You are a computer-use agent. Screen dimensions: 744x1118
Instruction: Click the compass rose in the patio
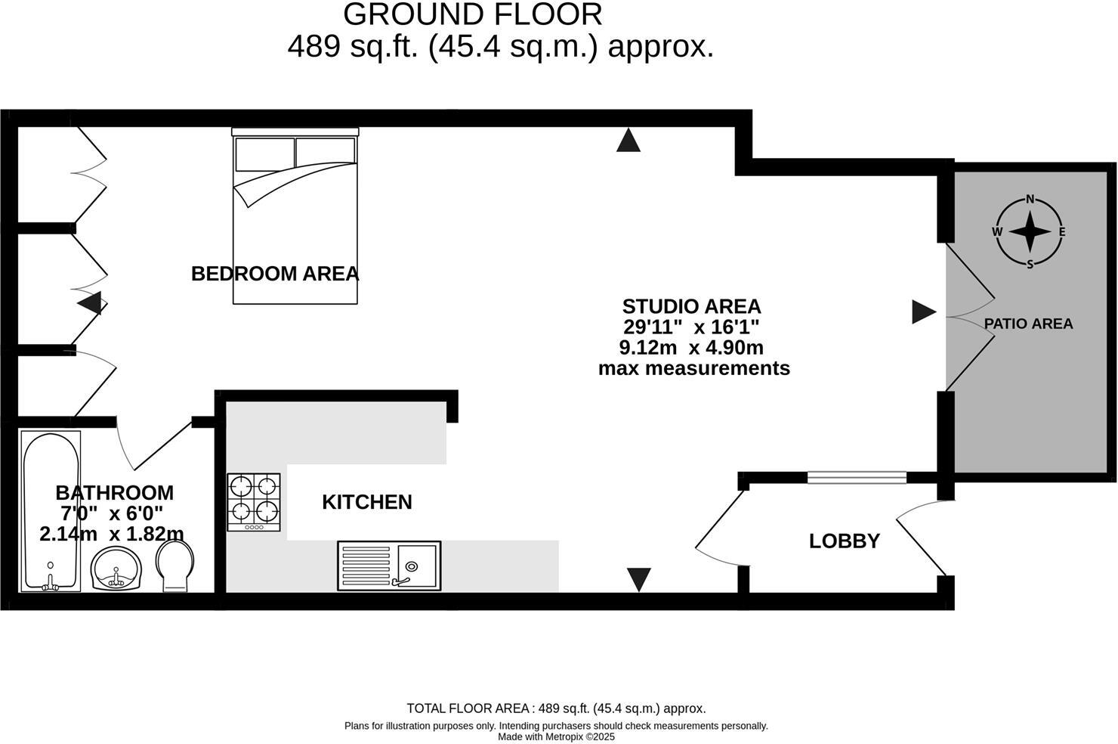[1029, 232]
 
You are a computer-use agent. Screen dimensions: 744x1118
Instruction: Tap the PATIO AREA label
[1028, 324]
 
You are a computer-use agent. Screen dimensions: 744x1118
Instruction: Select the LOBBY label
[844, 541]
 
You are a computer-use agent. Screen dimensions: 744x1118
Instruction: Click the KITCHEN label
[366, 502]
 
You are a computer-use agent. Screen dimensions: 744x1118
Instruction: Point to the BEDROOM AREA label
[274, 274]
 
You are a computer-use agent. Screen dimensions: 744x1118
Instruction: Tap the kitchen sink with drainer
[389, 566]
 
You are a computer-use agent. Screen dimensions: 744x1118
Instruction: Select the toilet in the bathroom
[174, 566]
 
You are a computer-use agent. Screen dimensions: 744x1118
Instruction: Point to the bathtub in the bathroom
[50, 511]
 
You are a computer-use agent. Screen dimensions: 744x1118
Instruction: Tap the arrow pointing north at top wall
[628, 141]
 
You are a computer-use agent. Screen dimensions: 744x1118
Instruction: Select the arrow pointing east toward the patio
[923, 312]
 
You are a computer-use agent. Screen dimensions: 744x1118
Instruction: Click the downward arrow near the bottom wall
[639, 579]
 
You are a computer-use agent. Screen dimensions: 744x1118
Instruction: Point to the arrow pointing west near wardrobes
[90, 304]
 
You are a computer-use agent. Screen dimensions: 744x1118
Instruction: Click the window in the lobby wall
[856, 477]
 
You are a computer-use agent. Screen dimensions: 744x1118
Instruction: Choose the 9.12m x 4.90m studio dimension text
[690, 348]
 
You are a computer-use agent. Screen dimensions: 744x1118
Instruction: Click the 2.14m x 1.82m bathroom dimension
[112, 534]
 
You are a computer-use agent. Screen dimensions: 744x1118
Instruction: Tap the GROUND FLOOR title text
[473, 14]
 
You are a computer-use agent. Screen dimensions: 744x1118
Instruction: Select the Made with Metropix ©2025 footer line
[556, 736]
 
